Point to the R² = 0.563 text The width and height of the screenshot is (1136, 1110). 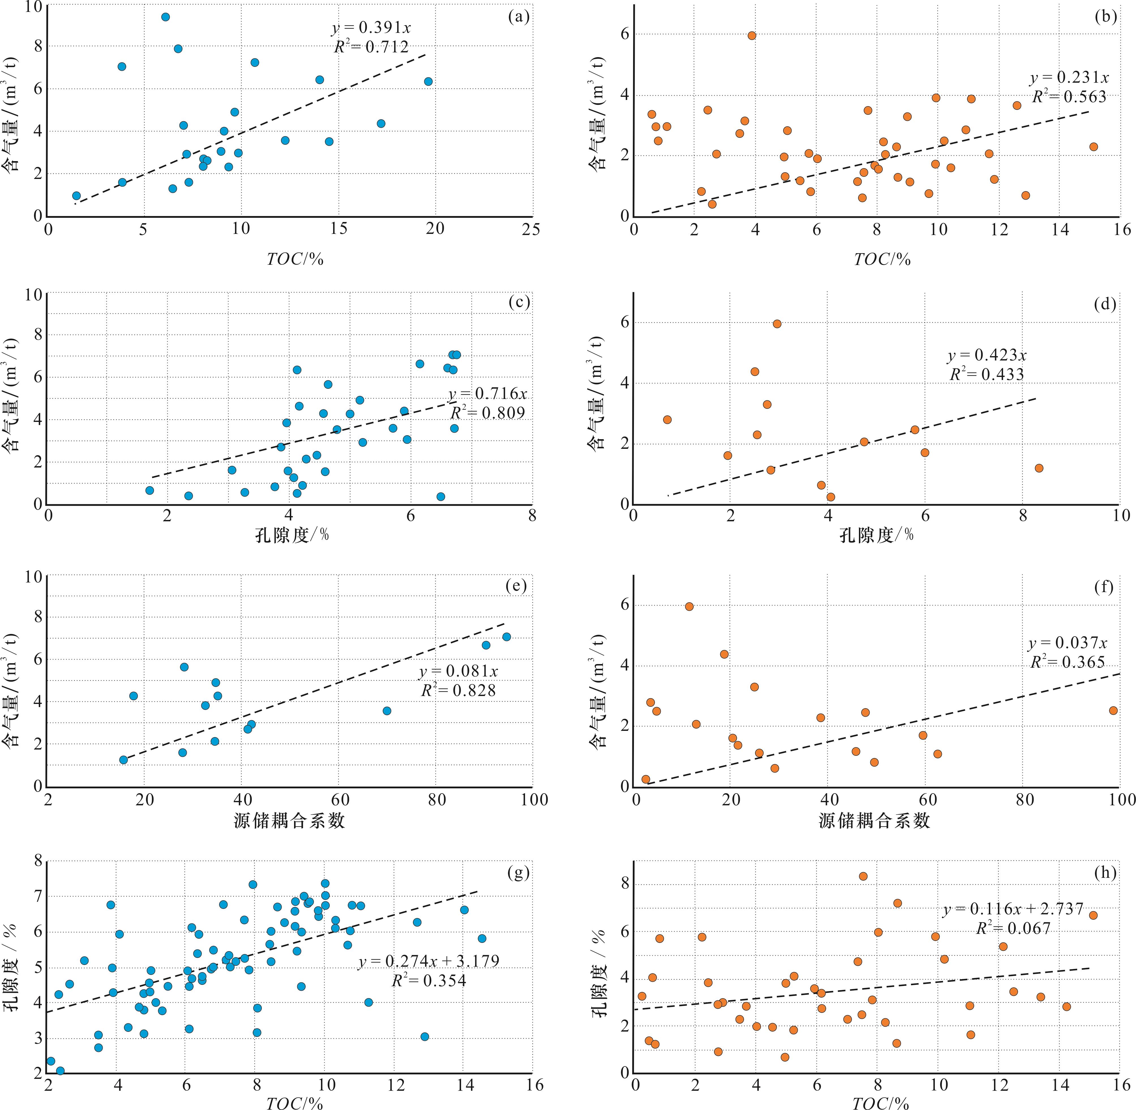point(1069,97)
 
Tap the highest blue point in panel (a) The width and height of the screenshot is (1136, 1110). point(166,17)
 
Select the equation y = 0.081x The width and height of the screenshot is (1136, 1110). point(458,672)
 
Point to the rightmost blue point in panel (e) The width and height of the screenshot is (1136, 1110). point(506,637)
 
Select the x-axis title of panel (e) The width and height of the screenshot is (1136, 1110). point(290,821)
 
